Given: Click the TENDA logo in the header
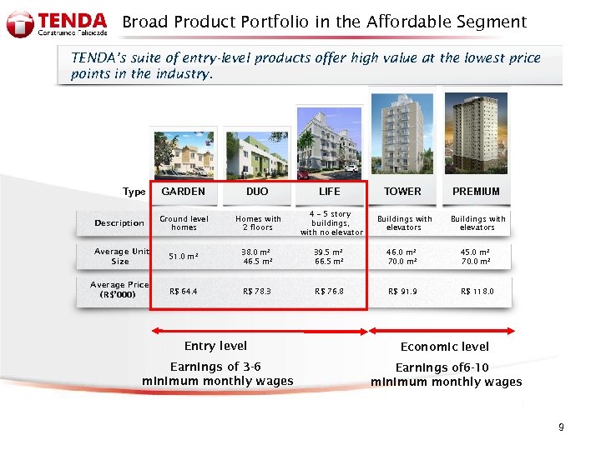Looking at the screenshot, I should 57,22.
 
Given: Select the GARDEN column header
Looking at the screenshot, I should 183,192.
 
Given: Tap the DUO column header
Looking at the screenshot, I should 257,192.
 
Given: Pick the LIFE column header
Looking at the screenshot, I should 330,192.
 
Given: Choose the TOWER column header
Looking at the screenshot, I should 402,192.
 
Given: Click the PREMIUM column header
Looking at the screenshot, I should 476,192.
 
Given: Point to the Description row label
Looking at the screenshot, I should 119,223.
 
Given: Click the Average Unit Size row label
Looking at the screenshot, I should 122,256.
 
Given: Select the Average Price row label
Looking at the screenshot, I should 119,289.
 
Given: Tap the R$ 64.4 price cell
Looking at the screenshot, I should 183,292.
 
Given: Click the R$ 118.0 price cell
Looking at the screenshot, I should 477,292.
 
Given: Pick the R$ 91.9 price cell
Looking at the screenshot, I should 403,292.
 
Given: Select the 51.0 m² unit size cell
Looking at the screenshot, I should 184,257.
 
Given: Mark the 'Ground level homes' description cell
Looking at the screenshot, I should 184,223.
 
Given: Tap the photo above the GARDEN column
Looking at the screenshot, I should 183,153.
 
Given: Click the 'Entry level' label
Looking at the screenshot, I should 215,346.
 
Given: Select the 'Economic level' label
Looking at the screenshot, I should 445,347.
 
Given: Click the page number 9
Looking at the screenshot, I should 561,427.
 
